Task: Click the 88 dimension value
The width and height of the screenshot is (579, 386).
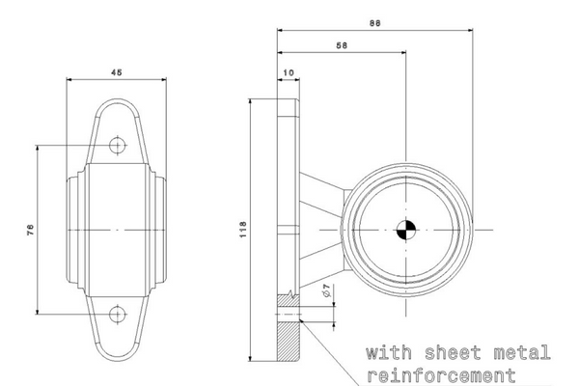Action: click(x=374, y=23)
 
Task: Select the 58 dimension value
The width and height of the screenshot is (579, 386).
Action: click(x=342, y=45)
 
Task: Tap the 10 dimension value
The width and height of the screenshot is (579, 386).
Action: click(x=289, y=72)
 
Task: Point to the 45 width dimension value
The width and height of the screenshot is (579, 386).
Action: click(x=117, y=72)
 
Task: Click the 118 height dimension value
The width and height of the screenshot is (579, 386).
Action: click(x=242, y=230)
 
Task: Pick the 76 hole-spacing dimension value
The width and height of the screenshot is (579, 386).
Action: click(x=30, y=230)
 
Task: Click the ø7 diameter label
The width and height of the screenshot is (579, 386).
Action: click(x=326, y=290)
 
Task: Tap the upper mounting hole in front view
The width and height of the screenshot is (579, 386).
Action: click(x=118, y=145)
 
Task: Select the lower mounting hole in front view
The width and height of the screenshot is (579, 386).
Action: click(x=118, y=315)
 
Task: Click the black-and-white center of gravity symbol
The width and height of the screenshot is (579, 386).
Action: click(x=406, y=230)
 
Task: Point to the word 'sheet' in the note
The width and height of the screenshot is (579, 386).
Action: click(x=453, y=353)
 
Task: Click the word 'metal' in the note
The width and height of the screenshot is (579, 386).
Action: click(x=522, y=353)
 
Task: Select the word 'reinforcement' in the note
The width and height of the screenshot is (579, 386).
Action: click(x=441, y=376)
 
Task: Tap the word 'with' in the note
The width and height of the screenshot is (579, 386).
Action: click(x=389, y=353)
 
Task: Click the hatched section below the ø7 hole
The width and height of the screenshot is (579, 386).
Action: click(x=288, y=341)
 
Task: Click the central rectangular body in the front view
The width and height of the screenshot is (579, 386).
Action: click(x=118, y=230)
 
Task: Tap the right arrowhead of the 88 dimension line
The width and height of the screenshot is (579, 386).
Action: click(x=470, y=30)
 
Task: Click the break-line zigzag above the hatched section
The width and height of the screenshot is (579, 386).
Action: click(x=291, y=293)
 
